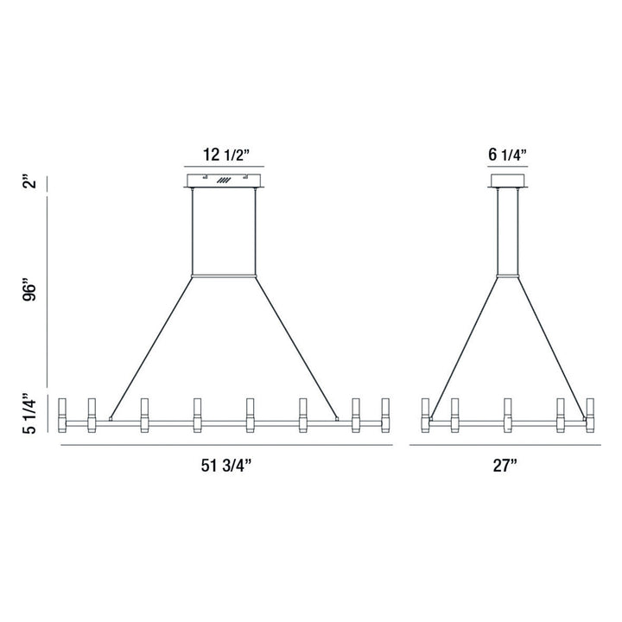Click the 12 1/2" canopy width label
[x=225, y=155]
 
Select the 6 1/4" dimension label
[x=508, y=155]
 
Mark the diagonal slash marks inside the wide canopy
[x=225, y=181]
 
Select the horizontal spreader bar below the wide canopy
[x=225, y=276]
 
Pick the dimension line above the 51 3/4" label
[x=225, y=445]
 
